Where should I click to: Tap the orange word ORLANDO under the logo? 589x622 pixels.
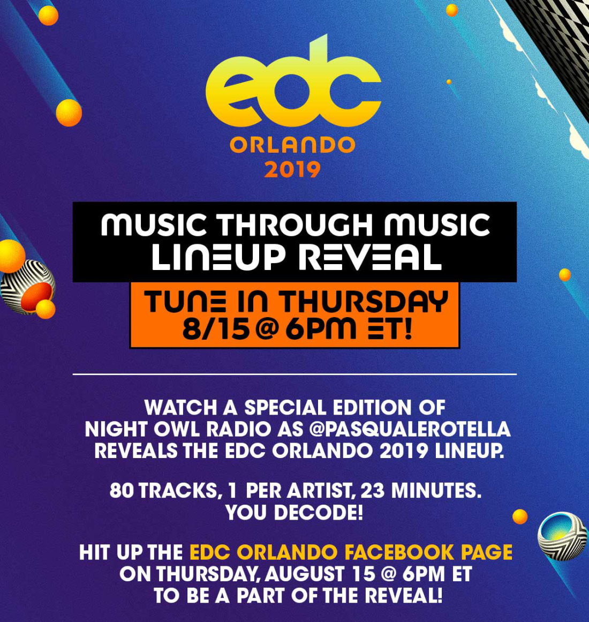[292, 145]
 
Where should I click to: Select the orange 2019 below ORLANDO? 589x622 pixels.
[292, 170]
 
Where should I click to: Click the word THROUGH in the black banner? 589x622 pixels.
[296, 224]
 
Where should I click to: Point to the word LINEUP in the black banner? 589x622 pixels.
[218, 258]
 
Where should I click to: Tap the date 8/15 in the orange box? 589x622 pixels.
[216, 329]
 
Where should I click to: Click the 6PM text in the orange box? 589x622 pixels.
[321, 329]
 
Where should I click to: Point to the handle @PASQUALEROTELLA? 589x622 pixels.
[410, 429]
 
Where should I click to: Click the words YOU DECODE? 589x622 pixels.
[294, 513]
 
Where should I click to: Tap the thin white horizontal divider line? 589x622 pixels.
[294, 374]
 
